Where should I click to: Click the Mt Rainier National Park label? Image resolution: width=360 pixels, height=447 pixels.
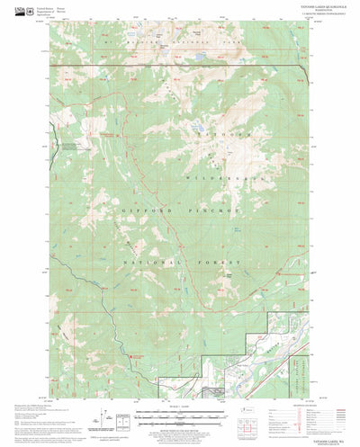coord(180,43)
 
